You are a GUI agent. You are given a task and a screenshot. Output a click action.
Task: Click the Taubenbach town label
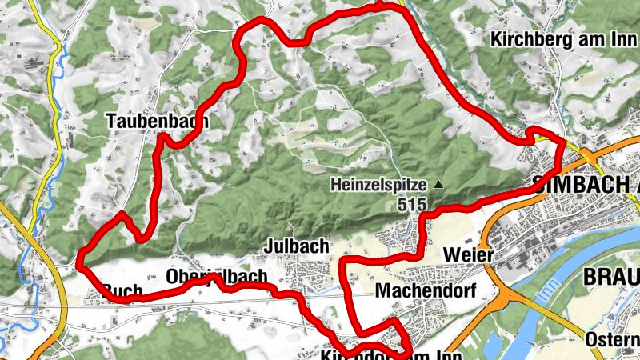tap(157, 122)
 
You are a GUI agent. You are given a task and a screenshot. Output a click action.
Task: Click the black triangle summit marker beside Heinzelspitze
tap(438, 185)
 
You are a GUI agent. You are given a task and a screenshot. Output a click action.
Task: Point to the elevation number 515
tap(410, 205)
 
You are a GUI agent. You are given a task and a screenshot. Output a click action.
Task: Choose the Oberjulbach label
tap(216, 277)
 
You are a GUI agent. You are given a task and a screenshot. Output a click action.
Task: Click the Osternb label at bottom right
tap(612, 339)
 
